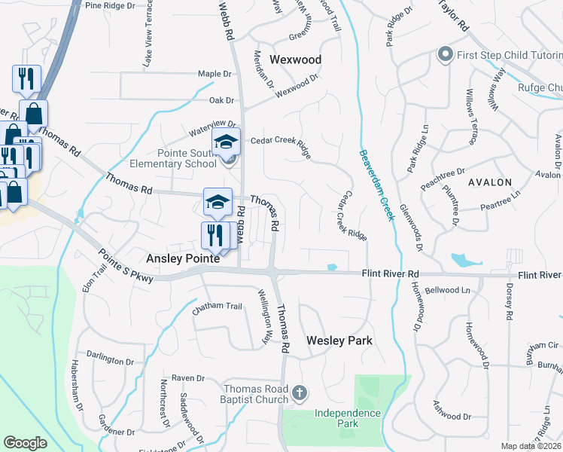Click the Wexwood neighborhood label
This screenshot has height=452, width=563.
coord(295,60)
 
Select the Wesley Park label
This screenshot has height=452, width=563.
coord(339,341)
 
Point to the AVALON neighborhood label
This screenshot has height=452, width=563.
coord(489,182)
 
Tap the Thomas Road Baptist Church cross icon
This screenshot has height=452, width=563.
coord(300,392)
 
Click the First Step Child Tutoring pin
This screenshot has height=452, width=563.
coord(444,54)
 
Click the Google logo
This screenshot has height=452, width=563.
coord(25,442)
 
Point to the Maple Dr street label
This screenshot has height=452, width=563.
coord(214,74)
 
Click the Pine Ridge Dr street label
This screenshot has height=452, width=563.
coord(110,5)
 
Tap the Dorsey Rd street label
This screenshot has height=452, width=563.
coord(510,299)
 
